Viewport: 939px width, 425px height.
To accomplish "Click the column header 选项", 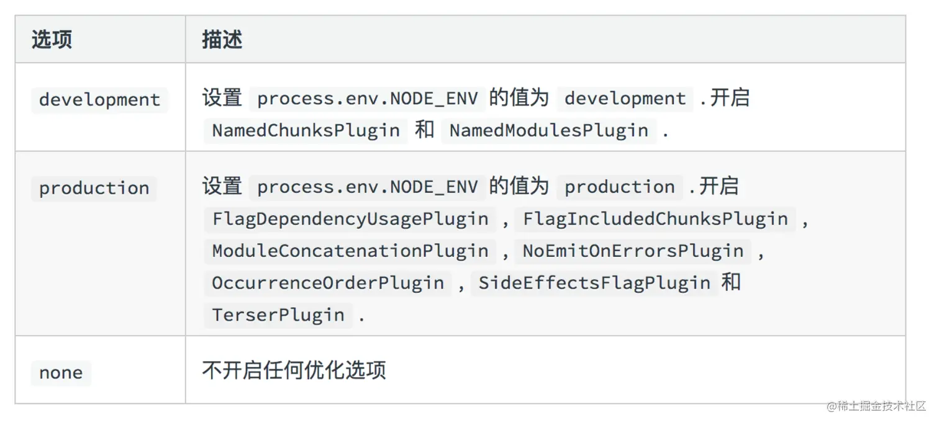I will point(52,40).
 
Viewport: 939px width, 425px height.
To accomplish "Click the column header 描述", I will point(222,40).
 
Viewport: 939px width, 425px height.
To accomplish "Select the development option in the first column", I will point(99,100).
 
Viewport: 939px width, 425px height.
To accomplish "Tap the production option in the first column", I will point(94,188).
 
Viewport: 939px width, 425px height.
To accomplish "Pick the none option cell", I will point(61,372).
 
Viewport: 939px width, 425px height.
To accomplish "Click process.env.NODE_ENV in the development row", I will point(367,99).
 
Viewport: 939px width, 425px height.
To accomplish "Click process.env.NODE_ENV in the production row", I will point(367,187).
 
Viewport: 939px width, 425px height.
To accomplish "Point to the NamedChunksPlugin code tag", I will point(306,130).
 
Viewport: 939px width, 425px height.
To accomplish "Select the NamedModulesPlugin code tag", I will point(548,130).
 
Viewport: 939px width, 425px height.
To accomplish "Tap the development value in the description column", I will point(625,99).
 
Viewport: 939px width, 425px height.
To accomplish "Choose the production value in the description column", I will point(619,187).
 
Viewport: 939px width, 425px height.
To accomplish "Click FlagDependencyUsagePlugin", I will point(350,219).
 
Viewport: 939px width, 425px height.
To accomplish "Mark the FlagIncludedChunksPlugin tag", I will point(655,219).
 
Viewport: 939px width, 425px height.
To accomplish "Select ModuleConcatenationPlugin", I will point(350,251).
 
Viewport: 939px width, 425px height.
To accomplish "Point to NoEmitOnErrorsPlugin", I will point(633,251).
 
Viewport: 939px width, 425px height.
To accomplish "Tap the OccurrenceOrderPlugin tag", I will point(328,283).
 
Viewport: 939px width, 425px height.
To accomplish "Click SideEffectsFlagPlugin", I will point(594,283).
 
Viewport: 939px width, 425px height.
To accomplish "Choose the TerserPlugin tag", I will point(278,315).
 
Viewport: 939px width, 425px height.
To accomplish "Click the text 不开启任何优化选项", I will point(294,370).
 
